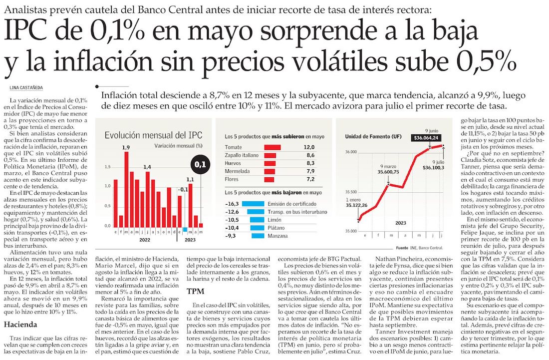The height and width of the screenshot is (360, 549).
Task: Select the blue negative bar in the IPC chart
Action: (x=185, y=230)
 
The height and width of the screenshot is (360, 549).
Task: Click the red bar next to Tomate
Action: (x=272, y=147)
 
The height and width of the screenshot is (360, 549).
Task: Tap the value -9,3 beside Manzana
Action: (x=233, y=236)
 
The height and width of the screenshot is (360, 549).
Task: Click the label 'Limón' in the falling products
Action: (x=275, y=220)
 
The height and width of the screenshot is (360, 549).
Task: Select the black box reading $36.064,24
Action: (x=425, y=138)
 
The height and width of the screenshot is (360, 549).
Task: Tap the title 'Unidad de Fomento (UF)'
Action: (x=372, y=137)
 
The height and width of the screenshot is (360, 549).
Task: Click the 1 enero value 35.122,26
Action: (x=358, y=205)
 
